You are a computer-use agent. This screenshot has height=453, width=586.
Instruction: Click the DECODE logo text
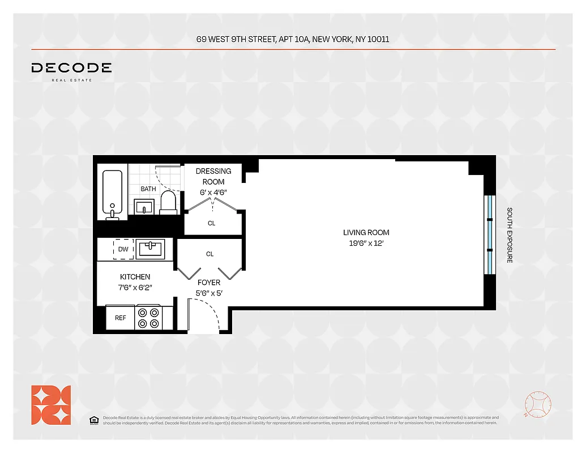pos(71,68)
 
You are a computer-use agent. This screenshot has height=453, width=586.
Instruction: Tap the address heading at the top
pos(293,40)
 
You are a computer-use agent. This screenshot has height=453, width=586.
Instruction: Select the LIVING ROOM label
pos(366,232)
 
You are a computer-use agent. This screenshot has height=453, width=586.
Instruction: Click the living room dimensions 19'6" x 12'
pos(366,243)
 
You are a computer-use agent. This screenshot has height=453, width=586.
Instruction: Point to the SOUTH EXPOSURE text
pos(510,235)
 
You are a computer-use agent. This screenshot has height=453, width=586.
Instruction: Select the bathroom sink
pos(144,206)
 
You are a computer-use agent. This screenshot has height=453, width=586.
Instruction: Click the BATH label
pos(148,189)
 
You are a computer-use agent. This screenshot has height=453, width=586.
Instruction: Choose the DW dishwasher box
pos(123,249)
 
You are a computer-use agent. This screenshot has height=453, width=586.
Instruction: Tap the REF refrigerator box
pos(121,318)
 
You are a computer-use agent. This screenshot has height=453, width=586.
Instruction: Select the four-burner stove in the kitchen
pos(148,318)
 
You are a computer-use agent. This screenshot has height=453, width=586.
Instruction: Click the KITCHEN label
pos(135,277)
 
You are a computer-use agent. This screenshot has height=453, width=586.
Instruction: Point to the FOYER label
pos(208,283)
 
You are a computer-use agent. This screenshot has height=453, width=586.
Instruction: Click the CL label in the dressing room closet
pos(211,223)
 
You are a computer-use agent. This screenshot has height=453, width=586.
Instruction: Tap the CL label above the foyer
pos(209,254)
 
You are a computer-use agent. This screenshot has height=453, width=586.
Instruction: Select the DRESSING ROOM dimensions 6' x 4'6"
pos(213,193)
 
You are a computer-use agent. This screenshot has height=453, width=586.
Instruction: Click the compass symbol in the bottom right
pos(537,405)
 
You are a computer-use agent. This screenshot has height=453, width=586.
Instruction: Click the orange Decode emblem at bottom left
pos(51,405)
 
